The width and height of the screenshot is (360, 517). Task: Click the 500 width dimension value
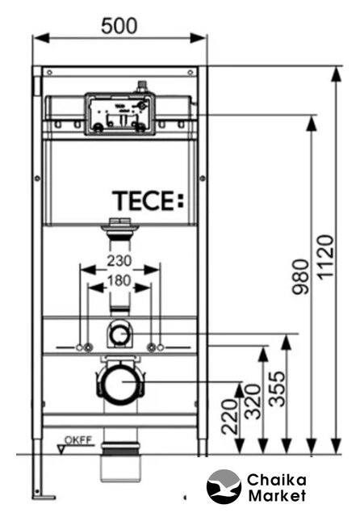coord(119,26)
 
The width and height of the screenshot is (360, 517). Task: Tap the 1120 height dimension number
coord(326,257)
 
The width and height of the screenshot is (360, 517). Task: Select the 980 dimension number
coord(301,276)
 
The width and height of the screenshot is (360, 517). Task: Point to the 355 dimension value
coord(276,389)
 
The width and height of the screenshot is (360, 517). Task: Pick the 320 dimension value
coord(253,401)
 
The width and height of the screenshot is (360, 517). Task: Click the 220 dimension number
coord(229,417)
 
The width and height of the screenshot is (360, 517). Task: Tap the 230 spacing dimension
coord(119,261)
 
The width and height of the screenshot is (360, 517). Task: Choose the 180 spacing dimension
coord(119,280)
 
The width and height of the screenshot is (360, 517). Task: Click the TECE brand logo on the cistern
coord(148,200)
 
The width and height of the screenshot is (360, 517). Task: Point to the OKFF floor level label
coord(78,440)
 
